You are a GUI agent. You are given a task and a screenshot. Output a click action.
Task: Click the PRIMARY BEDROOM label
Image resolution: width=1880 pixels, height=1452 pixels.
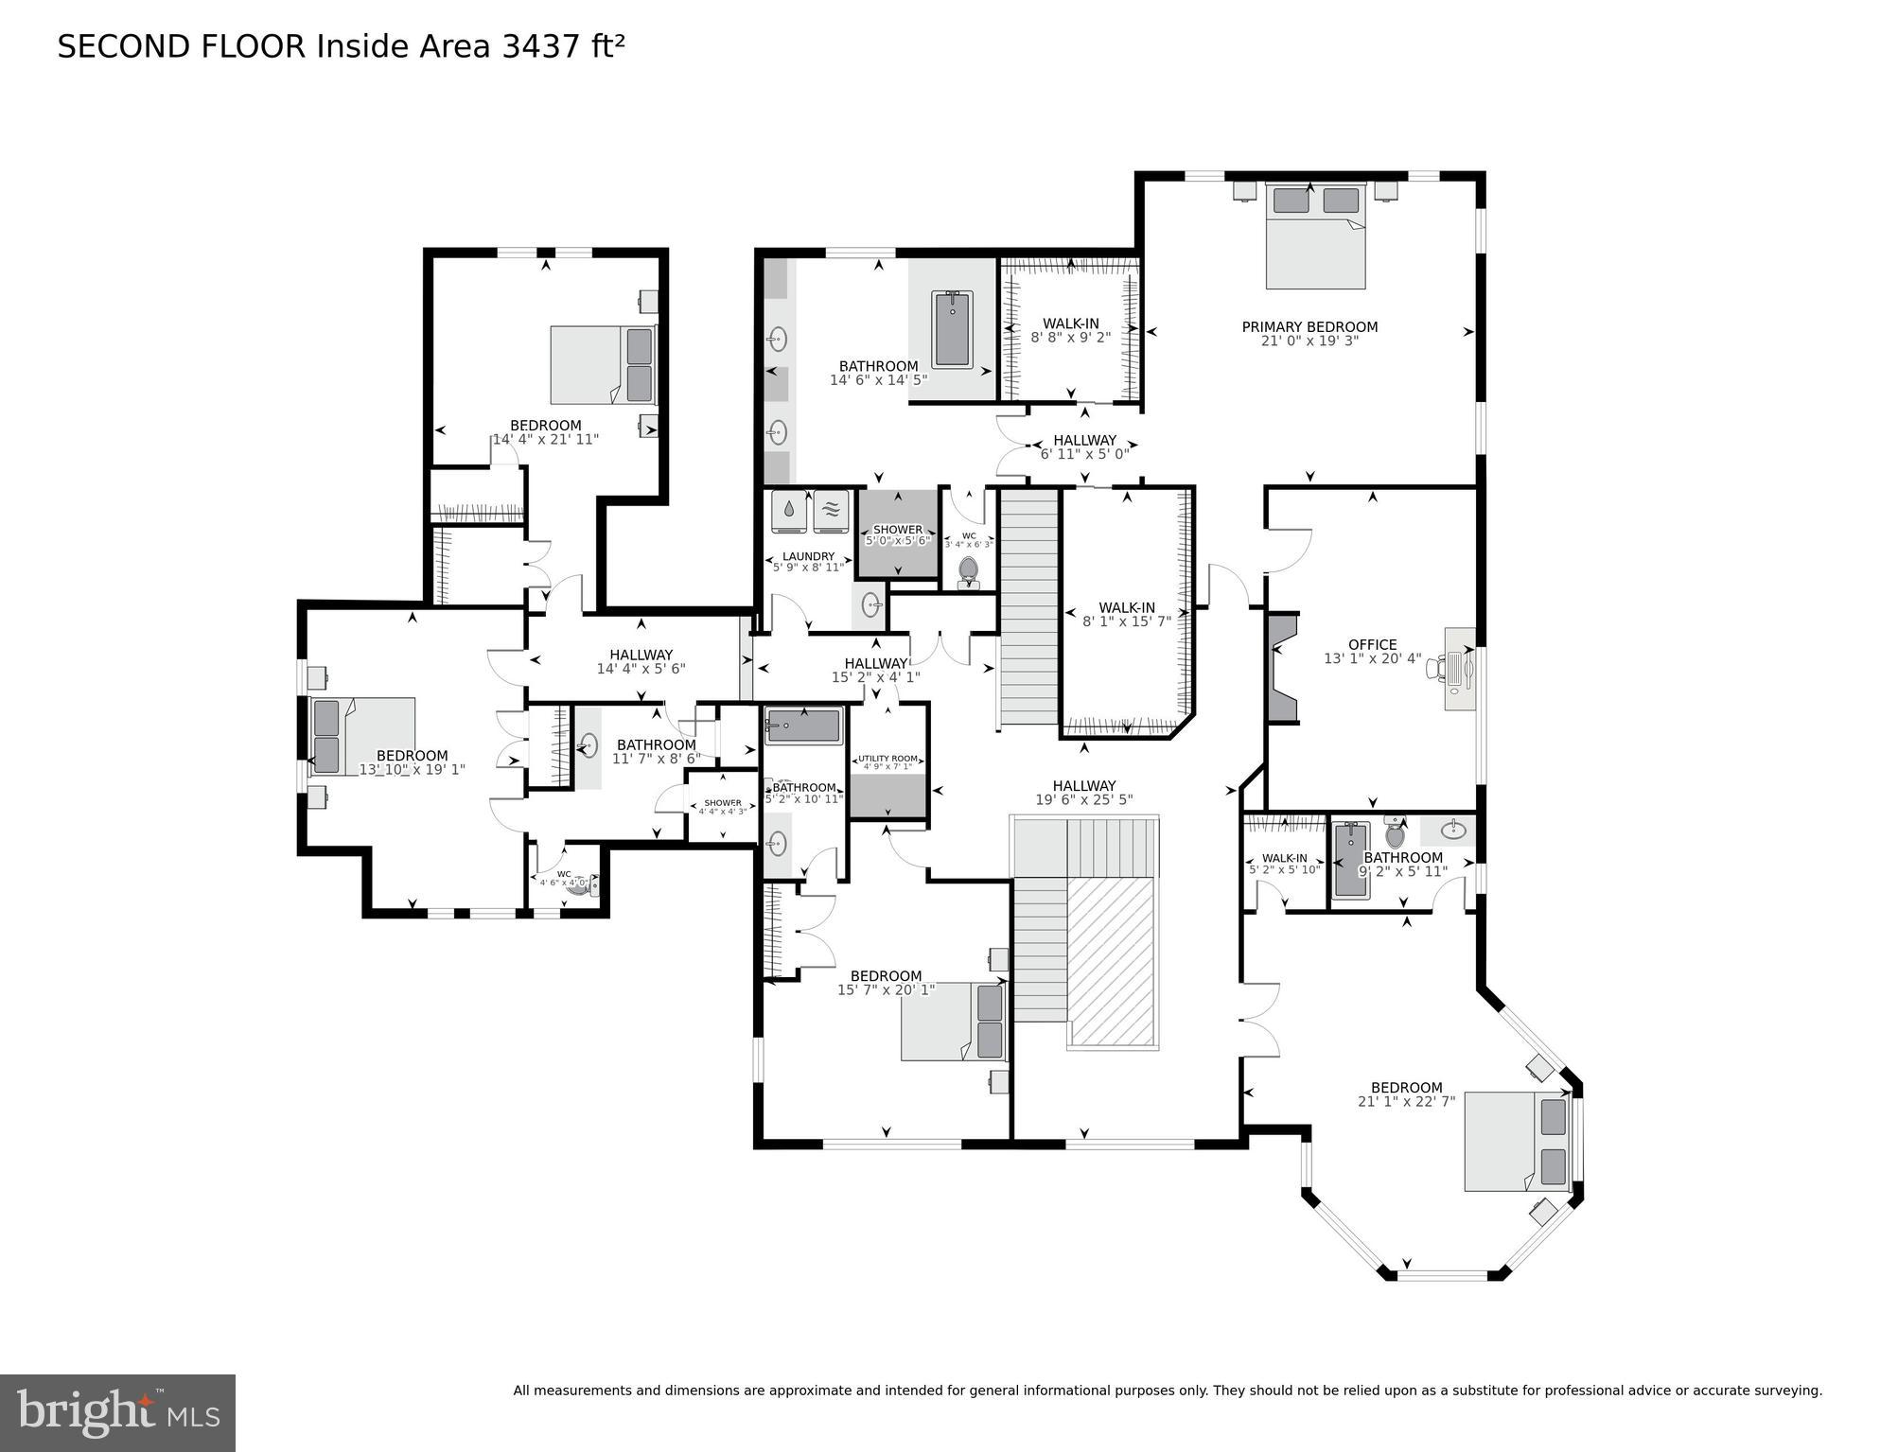[x=1309, y=327]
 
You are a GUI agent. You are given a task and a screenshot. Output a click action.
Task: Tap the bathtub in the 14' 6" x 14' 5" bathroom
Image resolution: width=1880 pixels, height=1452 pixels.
[x=952, y=328]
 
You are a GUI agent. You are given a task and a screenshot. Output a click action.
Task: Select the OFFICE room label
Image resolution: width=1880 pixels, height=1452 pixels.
[x=1372, y=645]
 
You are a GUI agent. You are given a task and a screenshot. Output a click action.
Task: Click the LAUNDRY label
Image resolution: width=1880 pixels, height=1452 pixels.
[x=808, y=556]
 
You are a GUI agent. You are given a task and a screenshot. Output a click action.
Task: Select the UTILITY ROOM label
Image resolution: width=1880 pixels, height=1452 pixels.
[x=887, y=759]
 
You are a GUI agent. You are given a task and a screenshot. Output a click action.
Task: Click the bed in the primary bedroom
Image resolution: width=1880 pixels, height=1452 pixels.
[x=1316, y=236]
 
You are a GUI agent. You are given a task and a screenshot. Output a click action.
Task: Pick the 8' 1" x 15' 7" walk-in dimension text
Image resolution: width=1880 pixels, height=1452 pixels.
[x=1126, y=621]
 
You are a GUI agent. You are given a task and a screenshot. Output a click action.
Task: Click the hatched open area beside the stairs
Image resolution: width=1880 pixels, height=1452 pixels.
[x=1113, y=960]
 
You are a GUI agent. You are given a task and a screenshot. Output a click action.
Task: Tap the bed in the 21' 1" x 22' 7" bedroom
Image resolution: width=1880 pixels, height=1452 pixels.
[x=1517, y=1141]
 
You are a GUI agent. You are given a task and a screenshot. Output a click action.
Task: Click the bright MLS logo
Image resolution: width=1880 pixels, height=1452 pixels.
[x=117, y=1412]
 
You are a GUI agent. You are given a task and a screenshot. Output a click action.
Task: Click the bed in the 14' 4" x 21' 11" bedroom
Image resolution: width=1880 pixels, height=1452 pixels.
[x=603, y=365]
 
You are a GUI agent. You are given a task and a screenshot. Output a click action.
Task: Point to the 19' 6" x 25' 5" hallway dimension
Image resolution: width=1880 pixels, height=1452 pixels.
[x=1083, y=800]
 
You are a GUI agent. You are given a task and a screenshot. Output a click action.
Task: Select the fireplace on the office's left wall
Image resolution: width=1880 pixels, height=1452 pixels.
[x=1283, y=667]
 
